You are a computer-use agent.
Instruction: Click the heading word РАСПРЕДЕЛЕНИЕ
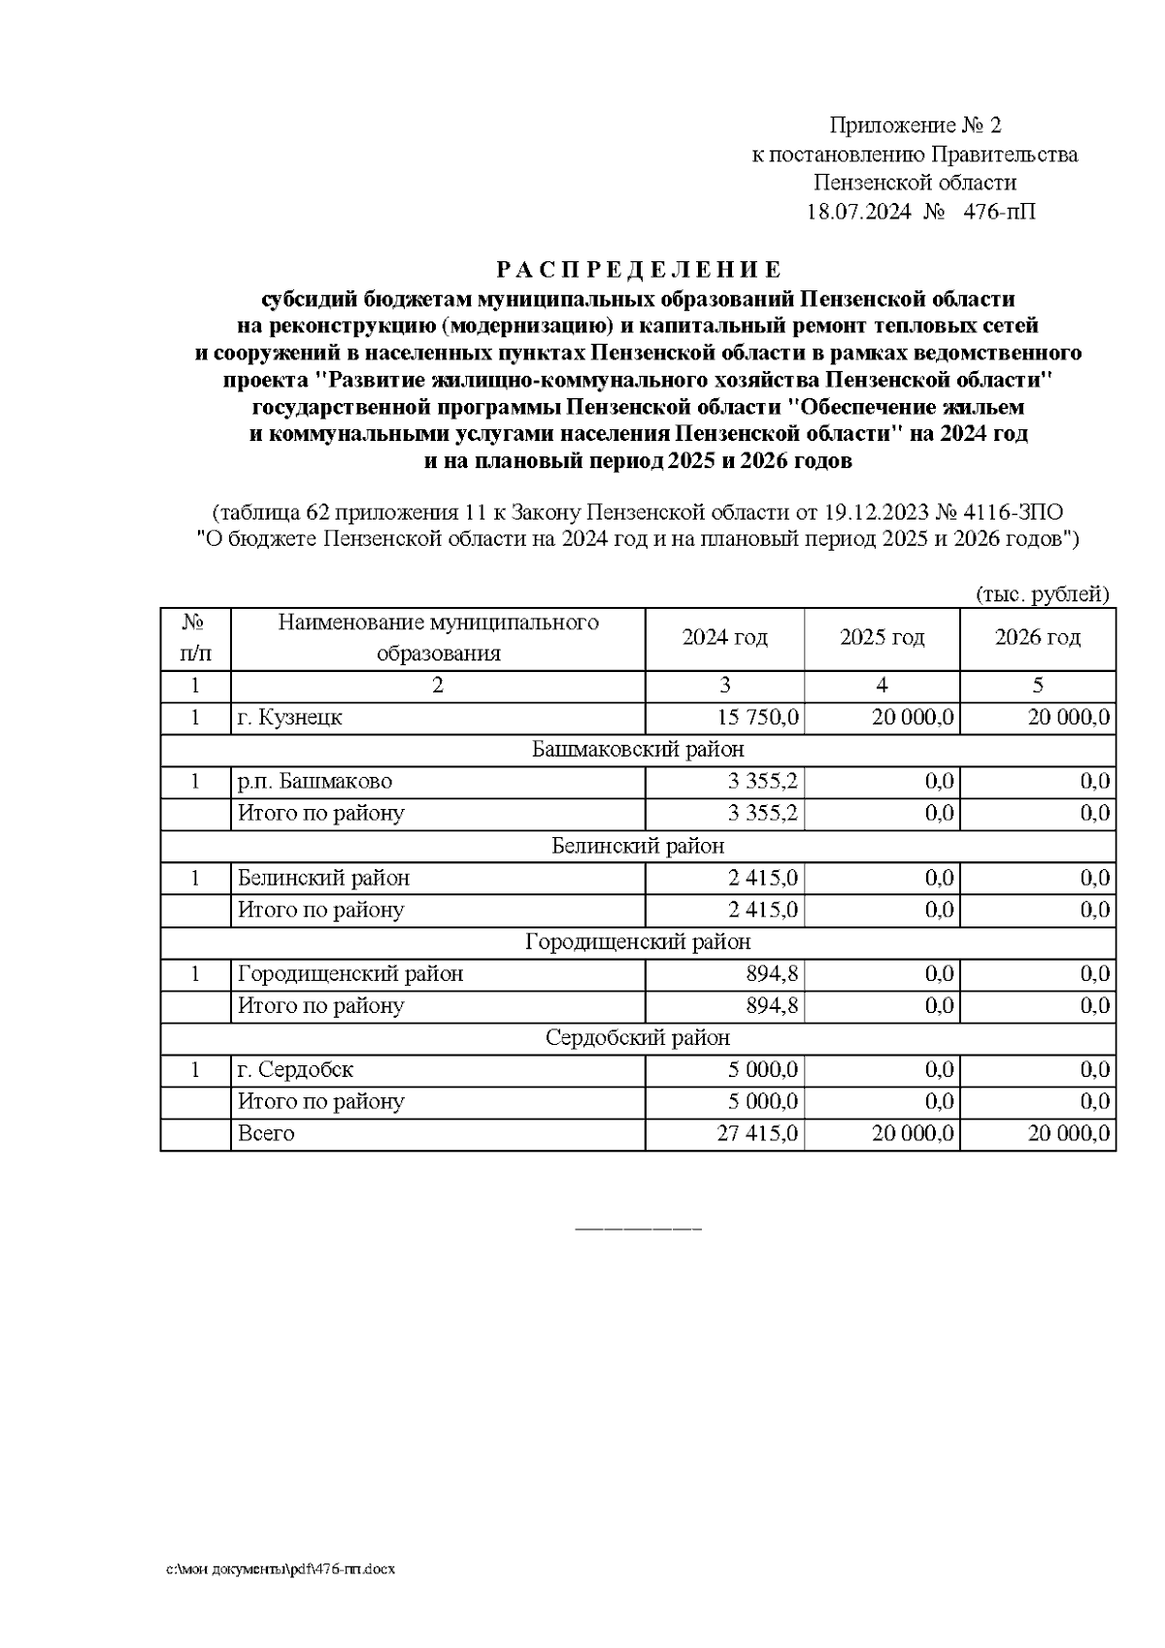tap(638, 269)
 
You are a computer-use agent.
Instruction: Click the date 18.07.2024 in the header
tap(859, 211)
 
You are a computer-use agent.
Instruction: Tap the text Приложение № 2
tap(914, 125)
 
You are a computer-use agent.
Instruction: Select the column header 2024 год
tap(724, 638)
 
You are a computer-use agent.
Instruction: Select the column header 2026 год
tap(1037, 638)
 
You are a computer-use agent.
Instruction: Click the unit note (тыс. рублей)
tap(1042, 594)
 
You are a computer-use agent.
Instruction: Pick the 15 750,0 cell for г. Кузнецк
tap(758, 718)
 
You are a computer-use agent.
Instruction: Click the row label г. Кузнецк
tap(290, 718)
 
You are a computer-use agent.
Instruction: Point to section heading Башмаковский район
tap(638, 750)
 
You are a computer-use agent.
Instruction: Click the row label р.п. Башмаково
tap(316, 782)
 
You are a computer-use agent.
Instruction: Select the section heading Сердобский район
tap(638, 1038)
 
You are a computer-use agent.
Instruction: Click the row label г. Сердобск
tap(296, 1070)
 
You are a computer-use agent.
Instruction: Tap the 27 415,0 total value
tap(758, 1134)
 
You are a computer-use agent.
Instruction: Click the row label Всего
tap(266, 1134)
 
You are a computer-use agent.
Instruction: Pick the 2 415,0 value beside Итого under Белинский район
tap(763, 910)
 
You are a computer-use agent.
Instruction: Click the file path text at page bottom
tap(281, 1569)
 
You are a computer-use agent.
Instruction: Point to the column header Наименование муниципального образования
tap(438, 638)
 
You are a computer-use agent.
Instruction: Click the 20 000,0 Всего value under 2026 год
tap(1068, 1134)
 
